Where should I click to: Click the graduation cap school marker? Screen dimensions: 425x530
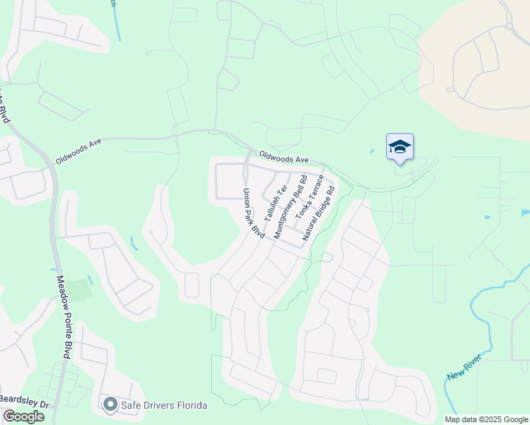(x=400, y=147)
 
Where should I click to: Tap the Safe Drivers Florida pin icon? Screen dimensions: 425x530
(x=110, y=404)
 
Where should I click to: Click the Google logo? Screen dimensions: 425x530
(x=23, y=416)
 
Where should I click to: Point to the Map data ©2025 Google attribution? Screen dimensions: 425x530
(x=486, y=419)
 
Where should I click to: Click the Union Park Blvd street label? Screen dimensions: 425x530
(x=253, y=212)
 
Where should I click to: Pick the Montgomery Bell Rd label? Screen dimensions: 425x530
(x=291, y=206)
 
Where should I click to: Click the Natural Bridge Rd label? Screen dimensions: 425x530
(x=319, y=212)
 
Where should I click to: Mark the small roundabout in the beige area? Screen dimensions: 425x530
(x=509, y=27)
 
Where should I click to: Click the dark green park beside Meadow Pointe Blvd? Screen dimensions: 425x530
(x=80, y=290)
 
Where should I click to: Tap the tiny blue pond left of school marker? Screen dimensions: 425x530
(x=371, y=152)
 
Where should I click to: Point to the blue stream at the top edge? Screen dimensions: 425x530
(x=116, y=21)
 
